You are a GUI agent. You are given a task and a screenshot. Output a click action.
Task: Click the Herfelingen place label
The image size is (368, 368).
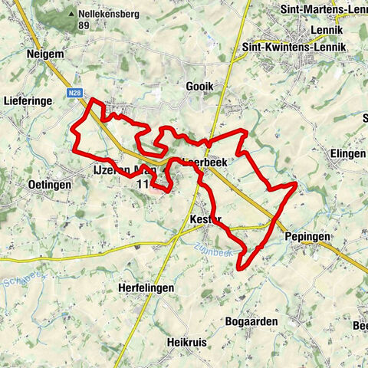click(x=146, y=287)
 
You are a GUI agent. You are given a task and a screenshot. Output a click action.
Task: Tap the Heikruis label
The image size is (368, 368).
click(x=187, y=341)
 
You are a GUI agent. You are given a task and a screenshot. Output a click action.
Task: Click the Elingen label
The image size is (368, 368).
click(x=346, y=153)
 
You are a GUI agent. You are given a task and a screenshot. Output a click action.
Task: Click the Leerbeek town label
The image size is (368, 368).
click(x=202, y=163)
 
